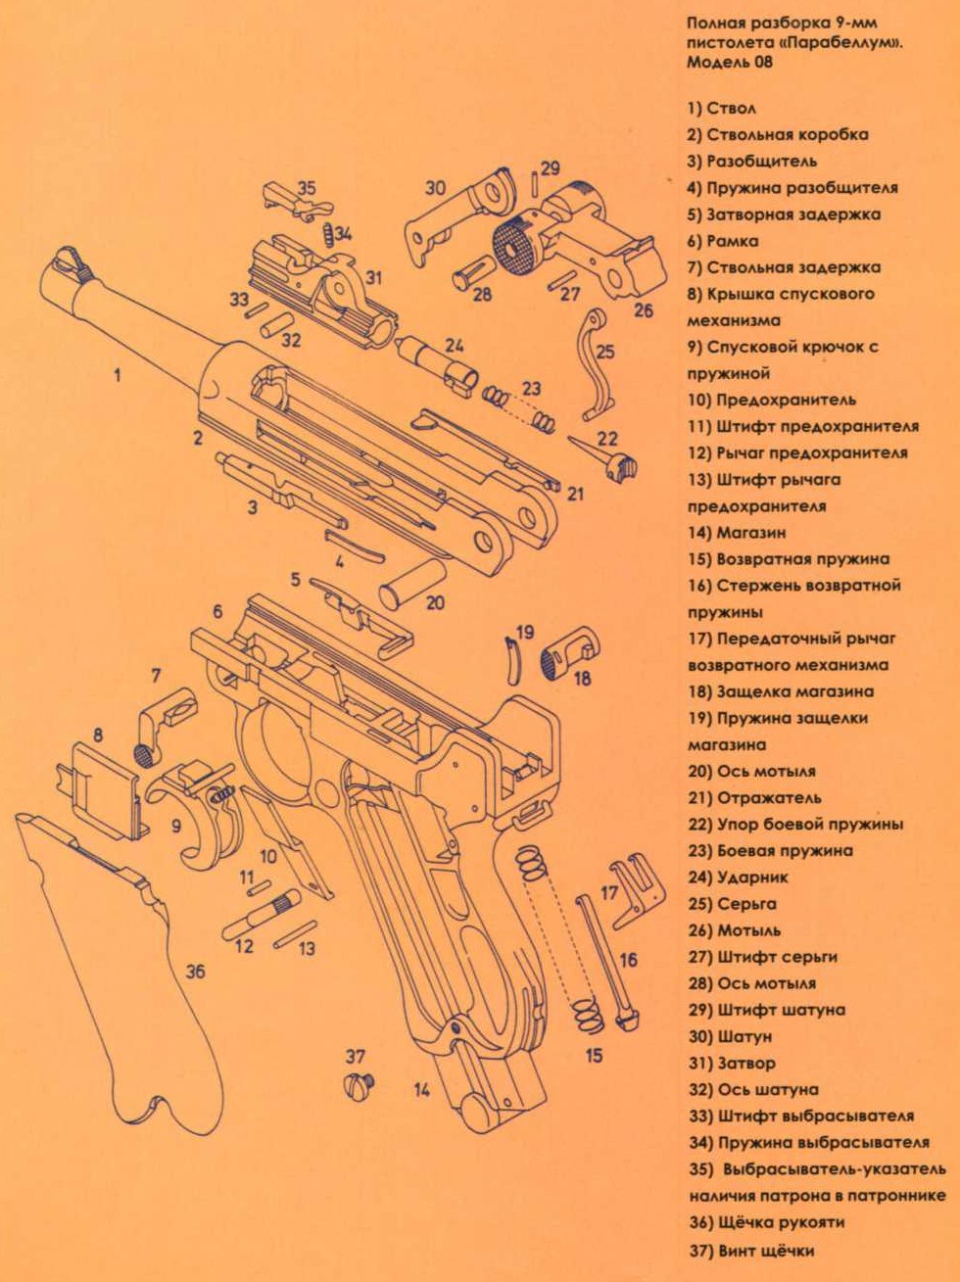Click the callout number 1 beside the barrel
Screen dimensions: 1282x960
[x=118, y=374]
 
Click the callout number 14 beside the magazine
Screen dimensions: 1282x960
[x=421, y=1090]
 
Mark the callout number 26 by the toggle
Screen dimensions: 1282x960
[x=643, y=310]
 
